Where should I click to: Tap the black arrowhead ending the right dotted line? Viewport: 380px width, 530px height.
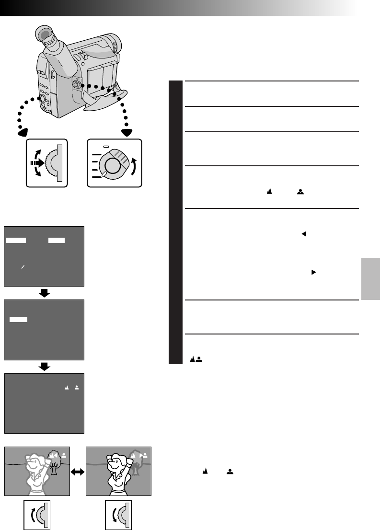coord(127,132)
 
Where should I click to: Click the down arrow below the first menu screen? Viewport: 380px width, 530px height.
coord(44,293)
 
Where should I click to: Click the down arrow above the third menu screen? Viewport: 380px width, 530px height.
coord(44,367)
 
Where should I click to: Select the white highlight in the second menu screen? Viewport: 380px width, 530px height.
coord(19,319)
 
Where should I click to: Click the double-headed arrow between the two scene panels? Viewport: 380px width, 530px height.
coord(78,472)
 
